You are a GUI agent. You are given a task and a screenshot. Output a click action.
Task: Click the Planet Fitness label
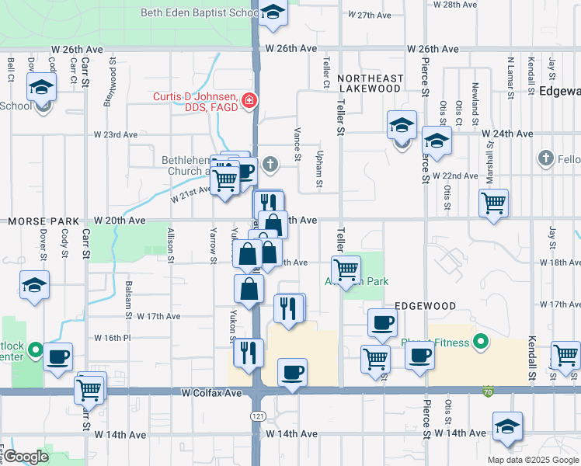tap(435, 343)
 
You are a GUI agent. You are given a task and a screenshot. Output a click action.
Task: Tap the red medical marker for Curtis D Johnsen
tap(249, 101)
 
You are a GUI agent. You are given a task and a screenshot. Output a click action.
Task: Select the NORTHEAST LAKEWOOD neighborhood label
tap(371, 83)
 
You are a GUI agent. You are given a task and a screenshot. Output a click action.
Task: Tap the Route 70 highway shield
tap(487, 389)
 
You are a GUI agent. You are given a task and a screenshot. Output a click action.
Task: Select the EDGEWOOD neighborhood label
tap(424, 306)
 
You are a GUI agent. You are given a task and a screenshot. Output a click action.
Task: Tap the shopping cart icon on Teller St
tap(345, 270)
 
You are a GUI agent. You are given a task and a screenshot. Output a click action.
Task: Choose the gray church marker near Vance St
tap(270, 164)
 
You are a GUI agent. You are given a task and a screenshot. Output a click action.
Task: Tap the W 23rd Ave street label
tap(116, 134)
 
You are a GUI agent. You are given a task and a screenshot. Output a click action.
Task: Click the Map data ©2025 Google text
tap(532, 460)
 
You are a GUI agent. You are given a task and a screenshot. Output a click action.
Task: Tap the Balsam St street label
tap(128, 300)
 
